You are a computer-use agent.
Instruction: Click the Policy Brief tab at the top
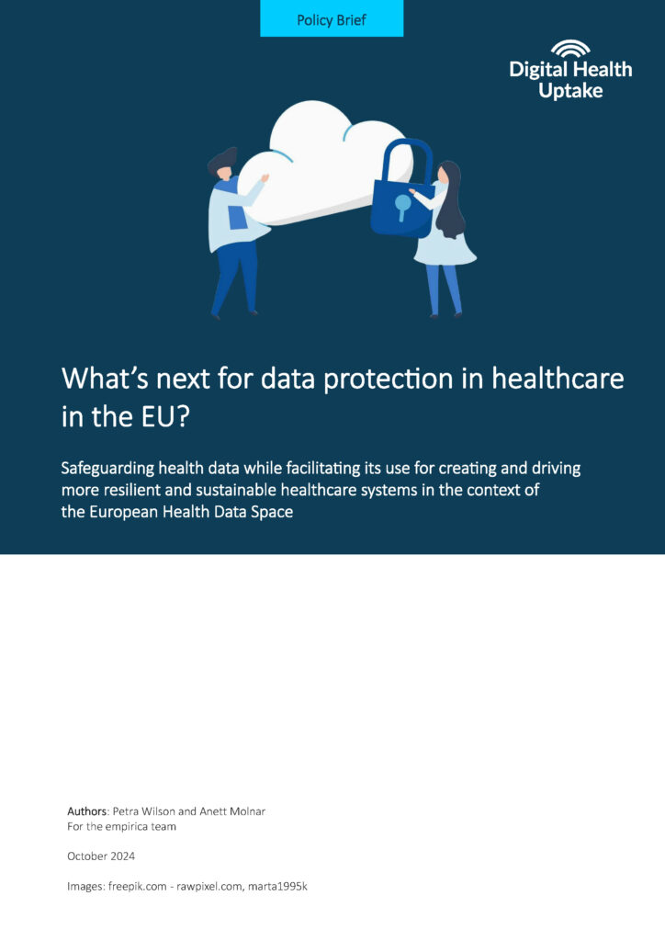[332, 19]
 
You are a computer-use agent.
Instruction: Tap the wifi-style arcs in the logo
[570, 49]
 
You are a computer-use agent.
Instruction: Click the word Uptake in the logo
[570, 91]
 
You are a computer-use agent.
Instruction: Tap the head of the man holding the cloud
[223, 164]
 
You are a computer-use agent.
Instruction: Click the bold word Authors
[87, 811]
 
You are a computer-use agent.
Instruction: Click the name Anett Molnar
[233, 811]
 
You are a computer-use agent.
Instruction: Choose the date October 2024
[101, 856]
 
